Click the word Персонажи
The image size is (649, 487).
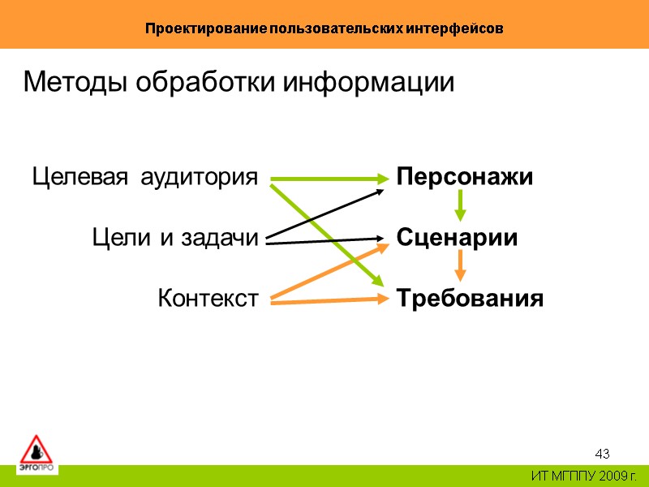(465, 177)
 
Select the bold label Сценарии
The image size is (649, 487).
(457, 238)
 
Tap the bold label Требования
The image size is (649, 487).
(470, 299)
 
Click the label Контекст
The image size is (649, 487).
(208, 299)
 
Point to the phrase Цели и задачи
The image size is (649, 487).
(174, 238)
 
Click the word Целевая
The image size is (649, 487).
(79, 177)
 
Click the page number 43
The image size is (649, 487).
(602, 453)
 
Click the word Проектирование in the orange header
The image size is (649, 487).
(197, 28)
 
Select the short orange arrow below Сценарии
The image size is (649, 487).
(460, 265)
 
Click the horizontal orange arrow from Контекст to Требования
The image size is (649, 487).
(324, 301)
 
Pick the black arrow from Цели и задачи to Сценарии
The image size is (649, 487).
(324, 239)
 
